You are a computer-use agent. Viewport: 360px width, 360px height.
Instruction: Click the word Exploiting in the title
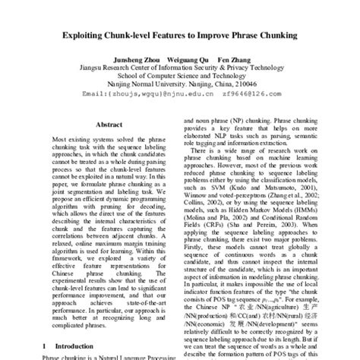pyautogui.click(x=100, y=35)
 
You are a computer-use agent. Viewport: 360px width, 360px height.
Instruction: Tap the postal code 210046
pyautogui.click(x=245, y=84)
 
